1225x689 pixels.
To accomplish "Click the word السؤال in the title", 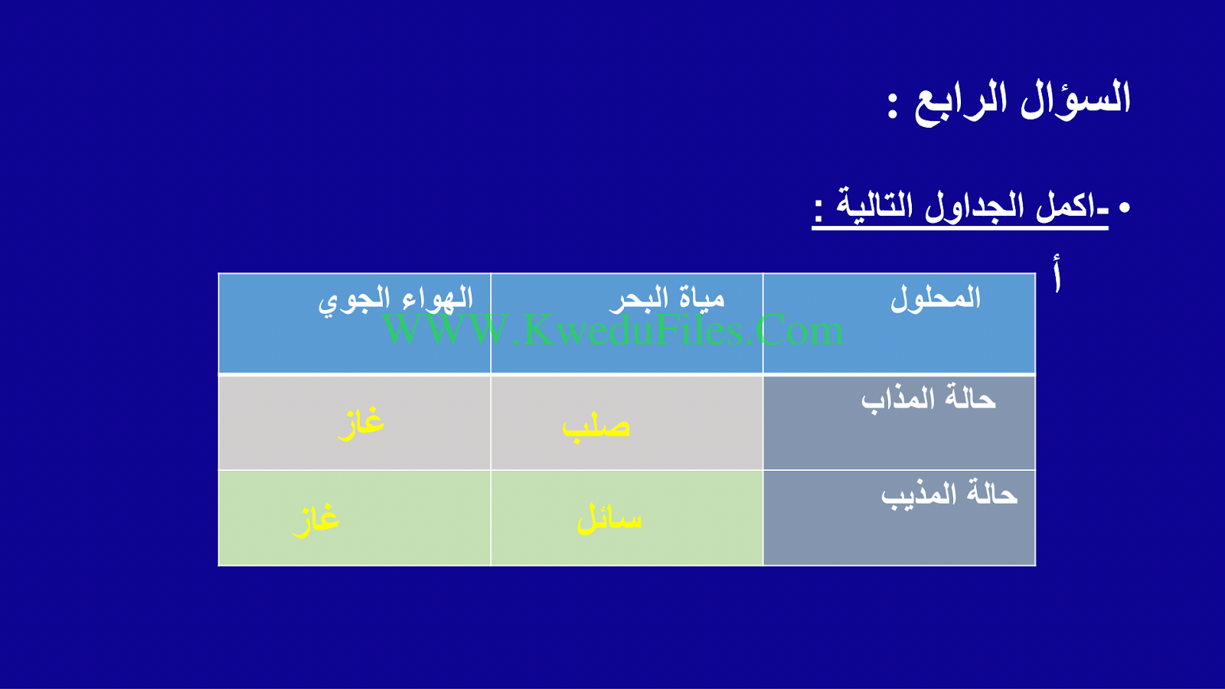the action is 1075,99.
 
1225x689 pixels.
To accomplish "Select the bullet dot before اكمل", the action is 1125,207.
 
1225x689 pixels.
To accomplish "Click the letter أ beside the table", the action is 1057,273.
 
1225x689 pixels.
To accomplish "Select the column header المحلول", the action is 935,299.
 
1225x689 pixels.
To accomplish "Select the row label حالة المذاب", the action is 929,397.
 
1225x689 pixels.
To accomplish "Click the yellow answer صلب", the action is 596,426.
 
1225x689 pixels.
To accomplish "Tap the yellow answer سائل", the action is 609,518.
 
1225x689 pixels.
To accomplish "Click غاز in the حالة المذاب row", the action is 361,423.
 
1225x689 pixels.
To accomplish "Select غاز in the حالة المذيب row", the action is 316,520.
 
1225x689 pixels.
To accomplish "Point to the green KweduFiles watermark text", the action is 613,330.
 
